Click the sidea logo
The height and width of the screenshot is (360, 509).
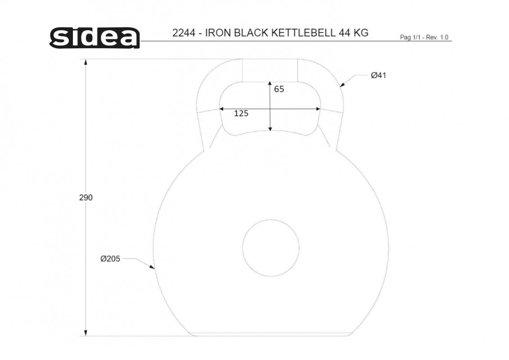click(95, 38)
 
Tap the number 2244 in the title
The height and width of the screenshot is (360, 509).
click(184, 33)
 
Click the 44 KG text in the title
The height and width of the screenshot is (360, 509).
click(353, 33)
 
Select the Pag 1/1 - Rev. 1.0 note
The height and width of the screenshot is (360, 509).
click(424, 37)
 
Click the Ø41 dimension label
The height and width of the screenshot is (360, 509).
click(378, 75)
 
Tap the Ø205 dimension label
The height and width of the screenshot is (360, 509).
click(110, 259)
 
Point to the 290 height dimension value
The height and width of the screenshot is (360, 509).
click(86, 198)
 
